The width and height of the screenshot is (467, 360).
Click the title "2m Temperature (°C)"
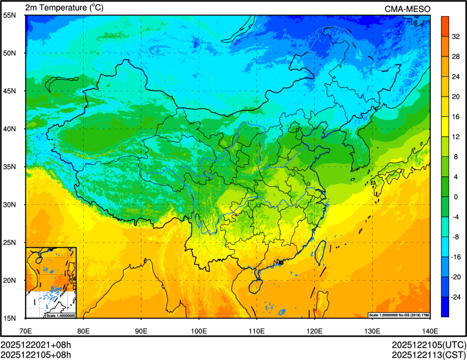point(64,8)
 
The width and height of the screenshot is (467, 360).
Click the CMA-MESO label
point(407,8)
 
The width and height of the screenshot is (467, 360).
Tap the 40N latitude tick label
point(10,129)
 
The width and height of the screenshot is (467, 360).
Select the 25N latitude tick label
point(10,242)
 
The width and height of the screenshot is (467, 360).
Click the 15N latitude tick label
point(10,318)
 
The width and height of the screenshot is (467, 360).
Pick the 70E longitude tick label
point(26,330)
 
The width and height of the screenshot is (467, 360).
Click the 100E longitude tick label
point(199,330)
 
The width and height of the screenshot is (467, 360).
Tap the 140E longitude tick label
point(430,330)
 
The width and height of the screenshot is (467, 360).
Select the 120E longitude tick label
point(314,330)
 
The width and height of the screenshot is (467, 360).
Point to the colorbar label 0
point(455,197)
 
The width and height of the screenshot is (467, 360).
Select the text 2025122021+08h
point(36,345)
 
